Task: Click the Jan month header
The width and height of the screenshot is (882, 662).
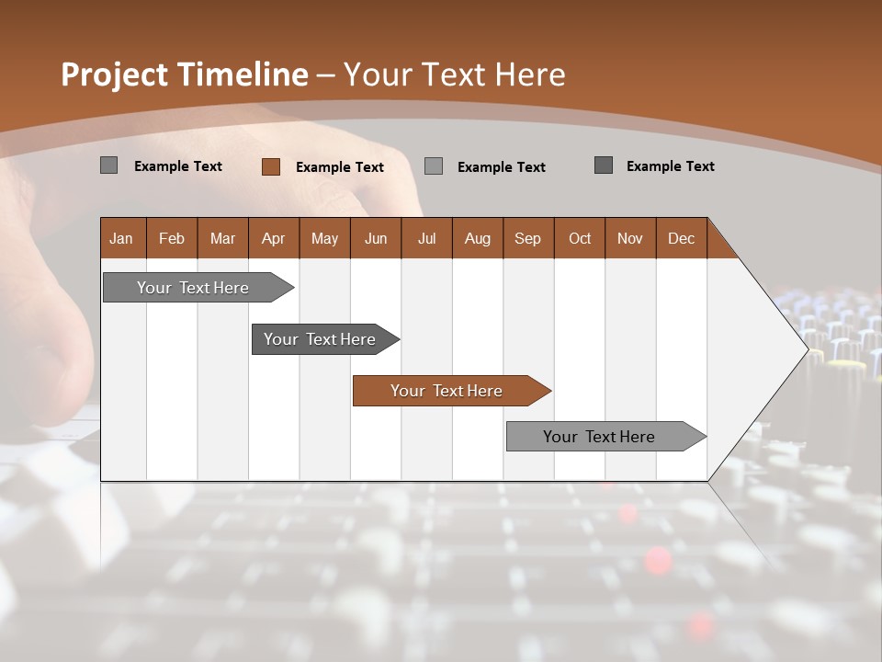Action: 122,238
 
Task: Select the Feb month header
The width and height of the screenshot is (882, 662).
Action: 172,238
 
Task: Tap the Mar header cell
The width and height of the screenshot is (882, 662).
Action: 222,238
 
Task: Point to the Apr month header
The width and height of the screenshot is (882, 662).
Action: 273,238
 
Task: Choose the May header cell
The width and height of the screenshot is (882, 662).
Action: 324,238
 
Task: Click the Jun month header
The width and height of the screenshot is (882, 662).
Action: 376,238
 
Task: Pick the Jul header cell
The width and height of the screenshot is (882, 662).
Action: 426,238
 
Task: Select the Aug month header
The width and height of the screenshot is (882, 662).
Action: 478,238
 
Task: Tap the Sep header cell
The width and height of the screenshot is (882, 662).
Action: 528,238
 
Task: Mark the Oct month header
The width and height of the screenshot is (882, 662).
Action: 580,238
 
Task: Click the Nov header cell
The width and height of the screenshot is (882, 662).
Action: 630,238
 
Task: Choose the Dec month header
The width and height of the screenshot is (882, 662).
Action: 682,238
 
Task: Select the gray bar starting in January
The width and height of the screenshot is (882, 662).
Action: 194,288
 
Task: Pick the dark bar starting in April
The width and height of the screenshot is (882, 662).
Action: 321,339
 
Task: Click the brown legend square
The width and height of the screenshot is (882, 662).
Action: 270,166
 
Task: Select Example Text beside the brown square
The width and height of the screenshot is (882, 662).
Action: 340,167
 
